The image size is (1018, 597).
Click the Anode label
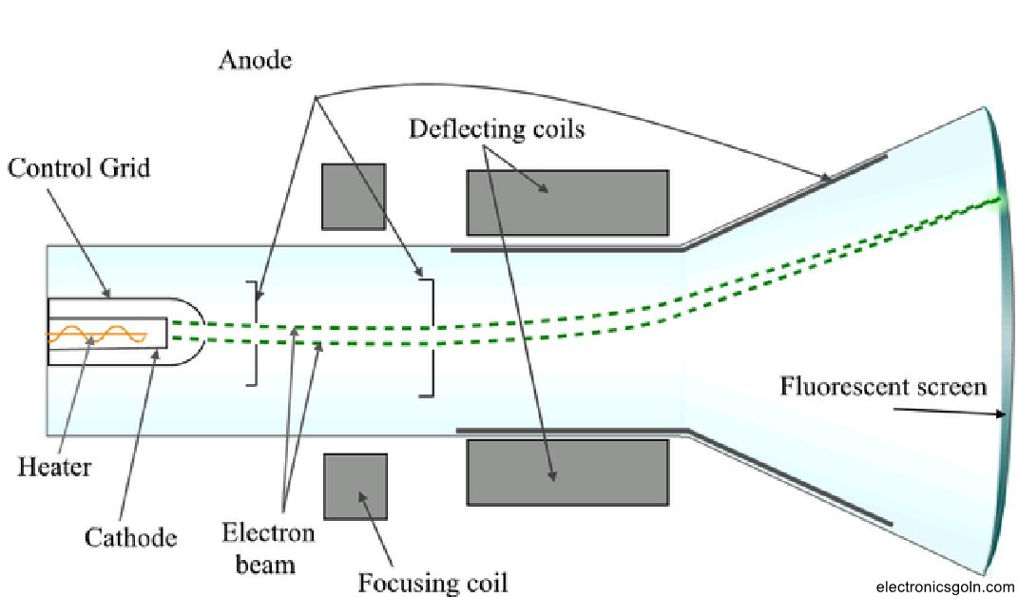254,60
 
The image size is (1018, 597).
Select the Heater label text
54,467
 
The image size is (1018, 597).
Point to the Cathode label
131,538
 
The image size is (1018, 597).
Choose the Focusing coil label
432,581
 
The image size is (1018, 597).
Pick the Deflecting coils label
496,128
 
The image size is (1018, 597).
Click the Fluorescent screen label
883,387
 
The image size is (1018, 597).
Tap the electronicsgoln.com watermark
944,587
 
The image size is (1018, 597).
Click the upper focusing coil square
354,196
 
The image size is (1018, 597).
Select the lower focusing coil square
355,486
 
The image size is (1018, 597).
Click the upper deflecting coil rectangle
567,202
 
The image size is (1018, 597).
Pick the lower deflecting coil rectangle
567,472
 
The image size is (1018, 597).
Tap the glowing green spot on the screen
997,201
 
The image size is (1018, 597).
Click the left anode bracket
253,334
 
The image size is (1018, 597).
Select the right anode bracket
429,337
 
